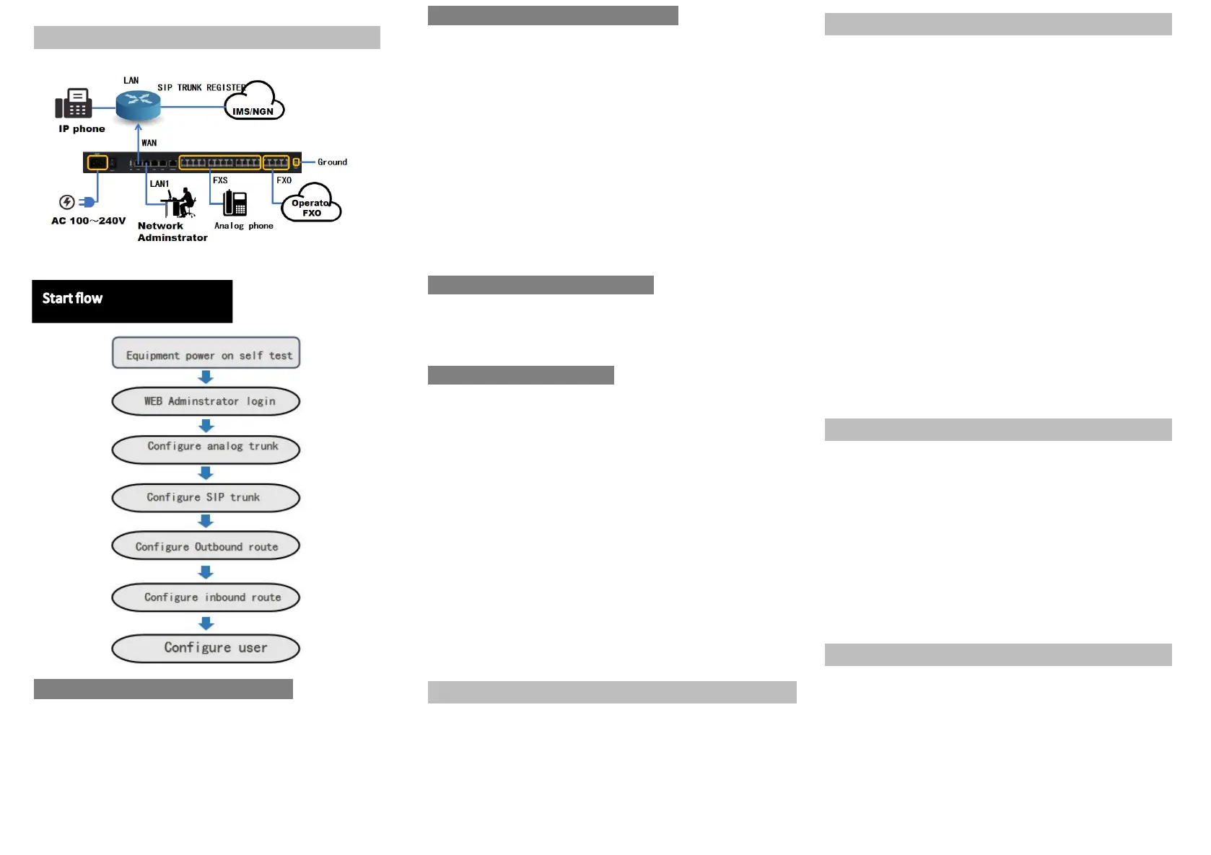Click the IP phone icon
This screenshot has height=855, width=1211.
point(74,103)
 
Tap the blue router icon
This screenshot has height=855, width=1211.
point(138,105)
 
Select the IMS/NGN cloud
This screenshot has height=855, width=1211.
point(254,102)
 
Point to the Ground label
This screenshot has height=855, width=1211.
point(332,162)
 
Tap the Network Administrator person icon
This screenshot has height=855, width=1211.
point(180,203)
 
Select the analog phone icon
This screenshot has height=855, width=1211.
point(235,203)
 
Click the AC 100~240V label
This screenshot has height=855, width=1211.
point(88,221)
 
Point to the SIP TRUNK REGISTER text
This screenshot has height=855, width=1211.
point(201,88)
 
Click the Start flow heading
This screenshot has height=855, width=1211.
point(72,299)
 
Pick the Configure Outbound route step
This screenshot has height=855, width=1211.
point(206,546)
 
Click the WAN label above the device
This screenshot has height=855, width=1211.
point(149,143)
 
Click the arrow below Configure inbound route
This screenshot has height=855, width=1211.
point(206,623)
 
